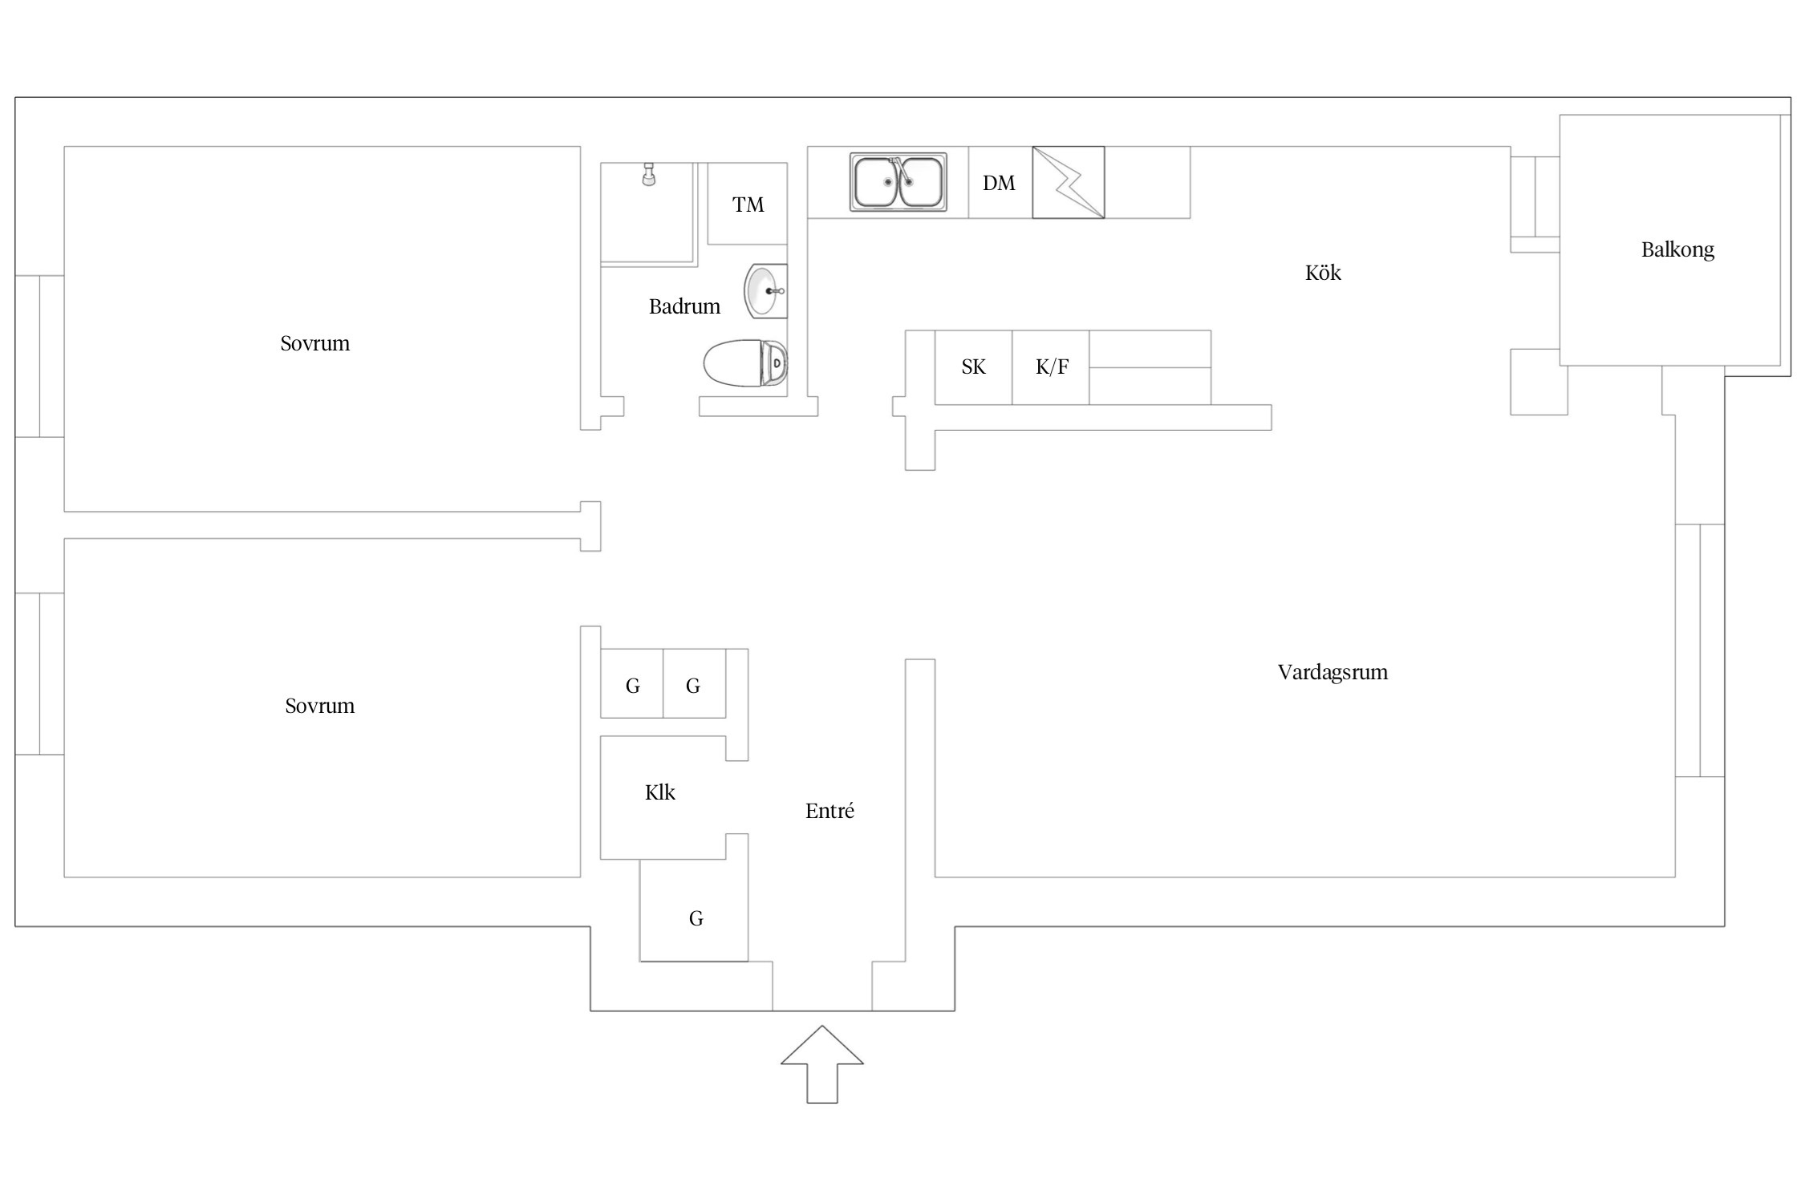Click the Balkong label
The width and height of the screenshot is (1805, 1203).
click(x=1677, y=249)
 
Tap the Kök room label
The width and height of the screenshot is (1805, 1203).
click(x=1322, y=273)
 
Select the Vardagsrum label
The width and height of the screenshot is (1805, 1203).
click(x=1332, y=672)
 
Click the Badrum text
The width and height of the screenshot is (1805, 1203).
click(x=683, y=306)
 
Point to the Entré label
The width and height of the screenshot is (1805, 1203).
click(x=829, y=811)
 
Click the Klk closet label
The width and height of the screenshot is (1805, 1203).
click(x=659, y=792)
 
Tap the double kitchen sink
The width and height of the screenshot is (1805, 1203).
click(x=898, y=182)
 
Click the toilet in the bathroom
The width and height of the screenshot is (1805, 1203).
click(x=745, y=363)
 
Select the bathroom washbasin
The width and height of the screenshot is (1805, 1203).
click(x=765, y=290)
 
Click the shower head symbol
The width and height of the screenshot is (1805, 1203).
click(x=648, y=174)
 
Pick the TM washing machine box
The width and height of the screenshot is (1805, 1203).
click(x=747, y=204)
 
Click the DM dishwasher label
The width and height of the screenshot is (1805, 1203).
click(x=999, y=183)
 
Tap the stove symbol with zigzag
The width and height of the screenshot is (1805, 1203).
click(x=1068, y=182)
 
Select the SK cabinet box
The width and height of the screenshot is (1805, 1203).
click(x=973, y=367)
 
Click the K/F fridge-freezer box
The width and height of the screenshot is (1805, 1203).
click(x=1051, y=367)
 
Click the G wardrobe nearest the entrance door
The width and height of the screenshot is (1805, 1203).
click(x=695, y=917)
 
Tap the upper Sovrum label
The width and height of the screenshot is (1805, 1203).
click(x=314, y=343)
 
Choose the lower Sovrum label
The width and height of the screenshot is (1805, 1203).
click(x=319, y=706)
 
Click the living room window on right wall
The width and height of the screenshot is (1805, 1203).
click(x=1699, y=650)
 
